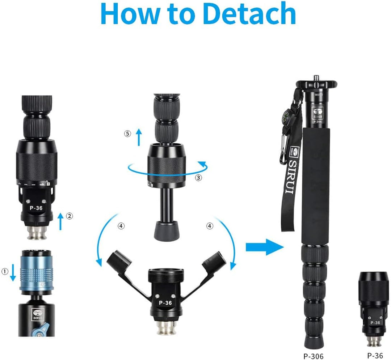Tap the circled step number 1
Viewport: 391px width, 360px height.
(x=5, y=271)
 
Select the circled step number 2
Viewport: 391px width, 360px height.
(x=69, y=216)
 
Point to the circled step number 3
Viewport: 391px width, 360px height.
(x=198, y=178)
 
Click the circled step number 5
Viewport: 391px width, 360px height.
(x=127, y=134)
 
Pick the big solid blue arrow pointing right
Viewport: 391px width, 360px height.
(x=265, y=247)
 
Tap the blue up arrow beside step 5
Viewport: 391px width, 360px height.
(x=139, y=137)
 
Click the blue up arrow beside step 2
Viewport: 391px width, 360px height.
(x=60, y=221)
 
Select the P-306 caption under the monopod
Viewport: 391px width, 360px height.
(x=314, y=356)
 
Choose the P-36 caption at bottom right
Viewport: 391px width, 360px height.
(x=375, y=355)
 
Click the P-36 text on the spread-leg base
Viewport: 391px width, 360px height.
(x=165, y=303)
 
